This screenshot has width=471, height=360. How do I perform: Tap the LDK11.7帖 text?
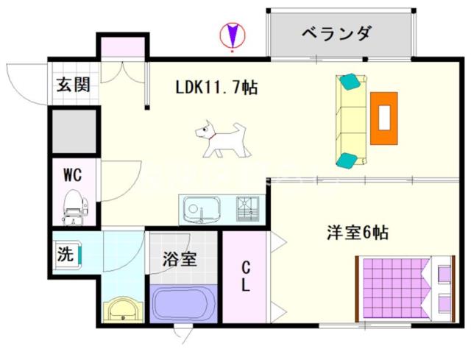pos(216,88)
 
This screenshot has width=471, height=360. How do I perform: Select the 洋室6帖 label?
pos(358,233)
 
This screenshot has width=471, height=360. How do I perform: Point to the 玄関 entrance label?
pos(74,85)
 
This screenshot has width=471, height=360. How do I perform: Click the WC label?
pos(72,174)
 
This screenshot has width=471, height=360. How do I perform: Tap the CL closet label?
pos(246,276)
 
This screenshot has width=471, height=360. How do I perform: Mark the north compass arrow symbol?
pos(233,35)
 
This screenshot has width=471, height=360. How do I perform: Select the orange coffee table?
pos(384,118)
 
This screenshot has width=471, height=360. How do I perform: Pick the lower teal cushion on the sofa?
pos(347,160)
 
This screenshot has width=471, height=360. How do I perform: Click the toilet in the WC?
pos(75,207)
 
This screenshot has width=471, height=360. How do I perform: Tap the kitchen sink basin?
pos(201,209)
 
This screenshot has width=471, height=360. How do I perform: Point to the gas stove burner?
pos(247,208)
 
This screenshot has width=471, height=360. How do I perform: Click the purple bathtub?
pos(183,303)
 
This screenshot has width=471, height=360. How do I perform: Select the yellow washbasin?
pos(123,309)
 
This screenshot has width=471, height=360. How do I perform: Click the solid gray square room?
pos(74,131)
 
